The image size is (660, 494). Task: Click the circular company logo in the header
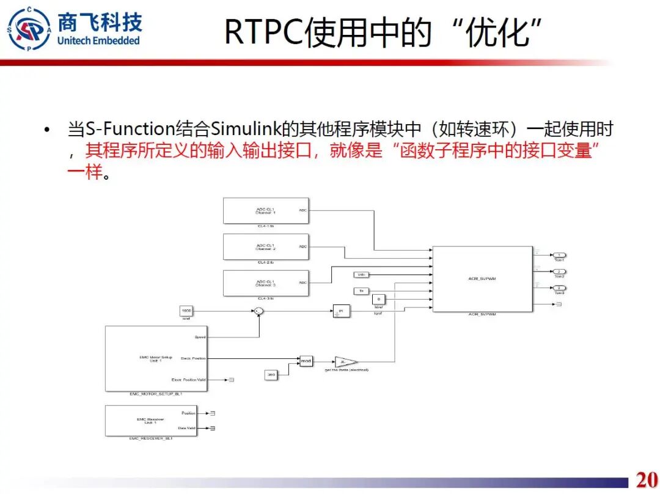pyautogui.click(x=29, y=29)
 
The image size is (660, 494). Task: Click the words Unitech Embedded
pyautogui.click(x=98, y=41)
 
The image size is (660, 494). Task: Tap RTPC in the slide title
pyautogui.click(x=263, y=32)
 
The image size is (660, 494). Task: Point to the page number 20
pyautogui.click(x=647, y=479)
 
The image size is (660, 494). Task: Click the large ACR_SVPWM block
pyautogui.click(x=482, y=279)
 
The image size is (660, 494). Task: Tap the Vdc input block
pyautogui.click(x=361, y=275)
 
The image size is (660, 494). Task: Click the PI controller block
pyautogui.click(x=340, y=311)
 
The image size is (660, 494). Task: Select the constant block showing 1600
pyautogui.click(x=186, y=311)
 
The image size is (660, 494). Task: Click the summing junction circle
pyautogui.click(x=258, y=311)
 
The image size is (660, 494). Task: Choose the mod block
pyautogui.click(x=306, y=361)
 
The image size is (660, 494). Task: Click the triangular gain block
pyautogui.click(x=345, y=361)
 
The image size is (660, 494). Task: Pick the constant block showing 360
pyautogui.click(x=271, y=374)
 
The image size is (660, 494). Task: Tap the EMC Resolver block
pyautogui.click(x=151, y=421)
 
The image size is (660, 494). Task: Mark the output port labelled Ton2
pyautogui.click(x=559, y=271)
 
